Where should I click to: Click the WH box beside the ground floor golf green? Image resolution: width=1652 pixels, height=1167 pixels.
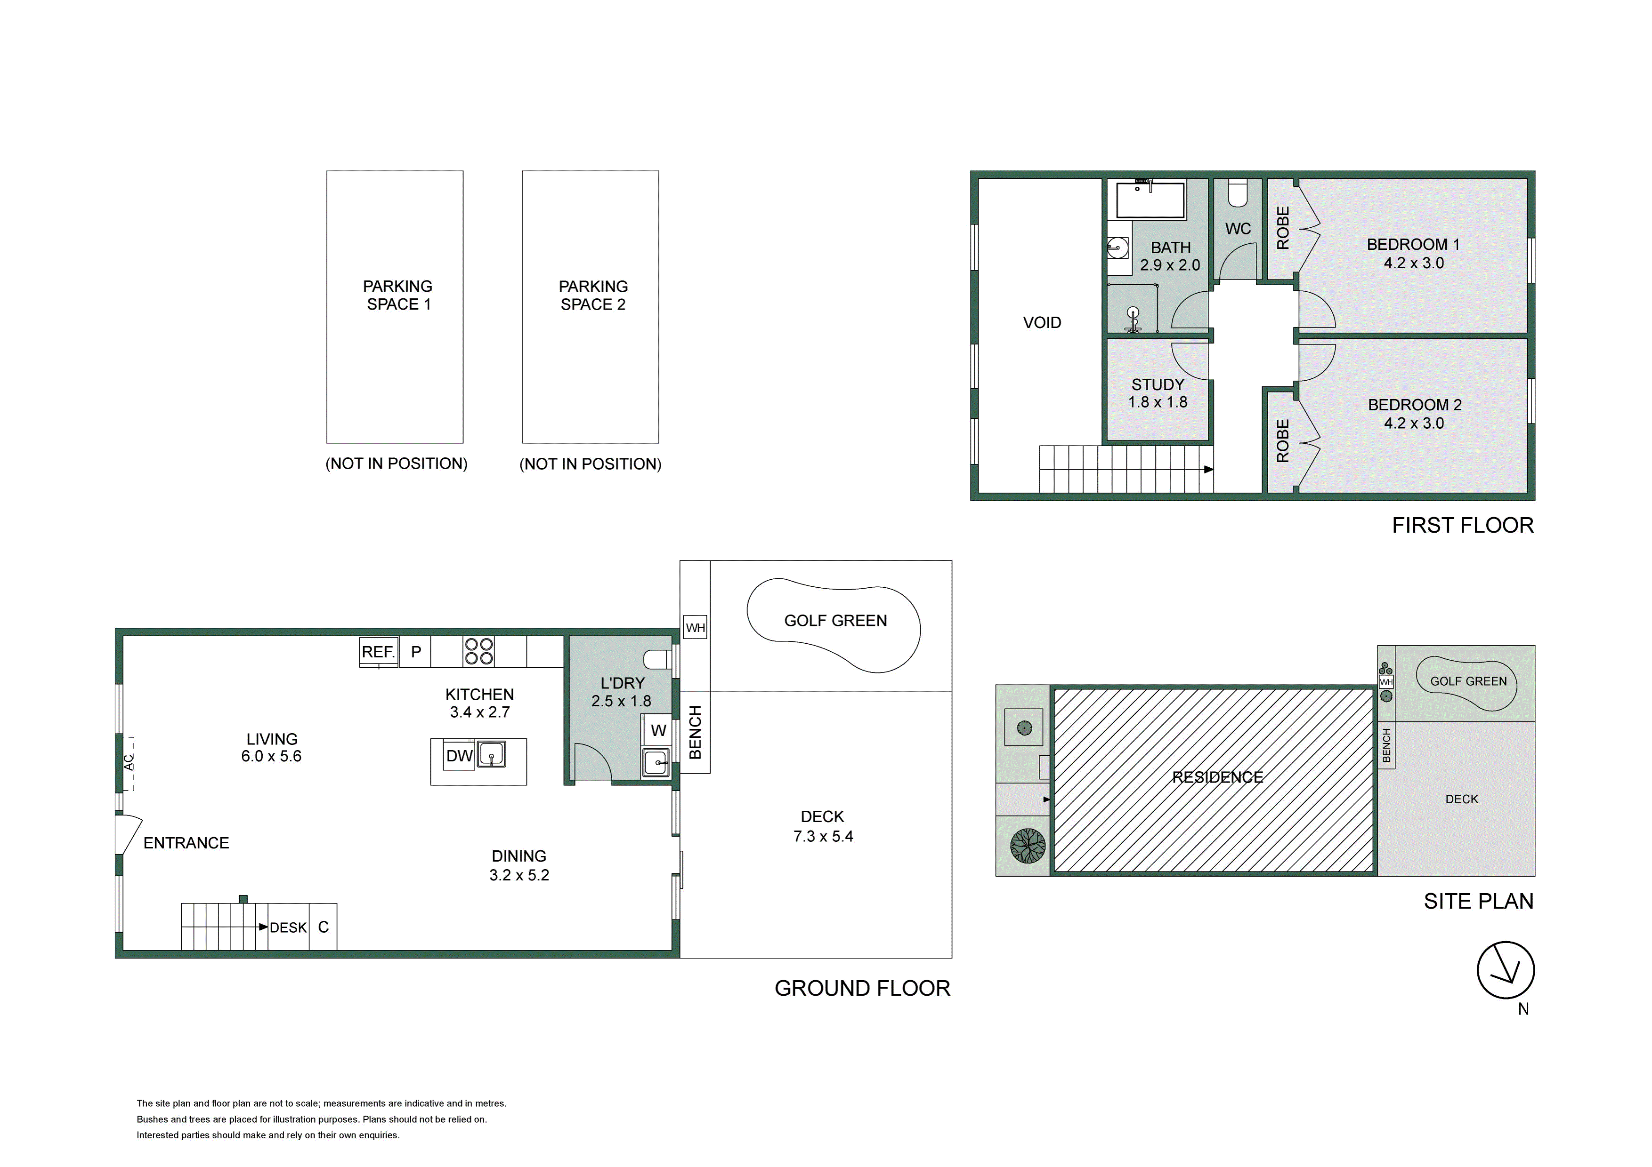point(695,628)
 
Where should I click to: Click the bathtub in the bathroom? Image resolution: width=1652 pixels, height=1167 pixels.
point(1150,200)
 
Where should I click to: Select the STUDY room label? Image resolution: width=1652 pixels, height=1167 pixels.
point(1158,384)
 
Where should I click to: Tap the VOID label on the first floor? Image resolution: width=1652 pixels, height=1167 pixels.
point(1042,323)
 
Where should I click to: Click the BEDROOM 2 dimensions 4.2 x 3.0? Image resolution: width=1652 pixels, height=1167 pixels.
point(1414,424)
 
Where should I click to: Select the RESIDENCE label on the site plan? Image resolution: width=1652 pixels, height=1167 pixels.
point(1217,777)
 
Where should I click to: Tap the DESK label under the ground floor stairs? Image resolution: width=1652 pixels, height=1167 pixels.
point(288,927)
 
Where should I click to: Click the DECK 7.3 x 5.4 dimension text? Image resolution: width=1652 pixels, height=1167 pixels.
point(823,836)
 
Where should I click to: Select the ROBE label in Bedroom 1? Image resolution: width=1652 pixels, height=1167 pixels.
point(1283,228)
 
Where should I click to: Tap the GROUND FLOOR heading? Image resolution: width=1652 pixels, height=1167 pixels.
point(862,988)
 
